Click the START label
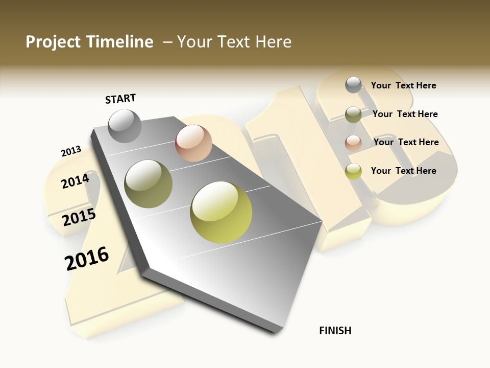(120, 99)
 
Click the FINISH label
(335, 331)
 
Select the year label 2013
(71, 151)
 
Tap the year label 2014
(75, 181)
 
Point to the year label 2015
(79, 217)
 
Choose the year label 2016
(87, 258)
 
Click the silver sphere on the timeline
(125, 126)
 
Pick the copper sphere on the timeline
(193, 143)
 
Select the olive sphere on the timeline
(149, 184)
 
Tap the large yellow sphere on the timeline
(221, 212)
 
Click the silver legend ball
(353, 85)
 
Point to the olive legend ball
(353, 114)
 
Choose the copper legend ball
(353, 143)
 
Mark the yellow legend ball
(353, 171)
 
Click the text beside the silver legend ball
(403, 85)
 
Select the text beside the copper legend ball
(406, 142)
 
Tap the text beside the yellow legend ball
(403, 171)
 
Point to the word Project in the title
(53, 42)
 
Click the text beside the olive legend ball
(405, 114)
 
